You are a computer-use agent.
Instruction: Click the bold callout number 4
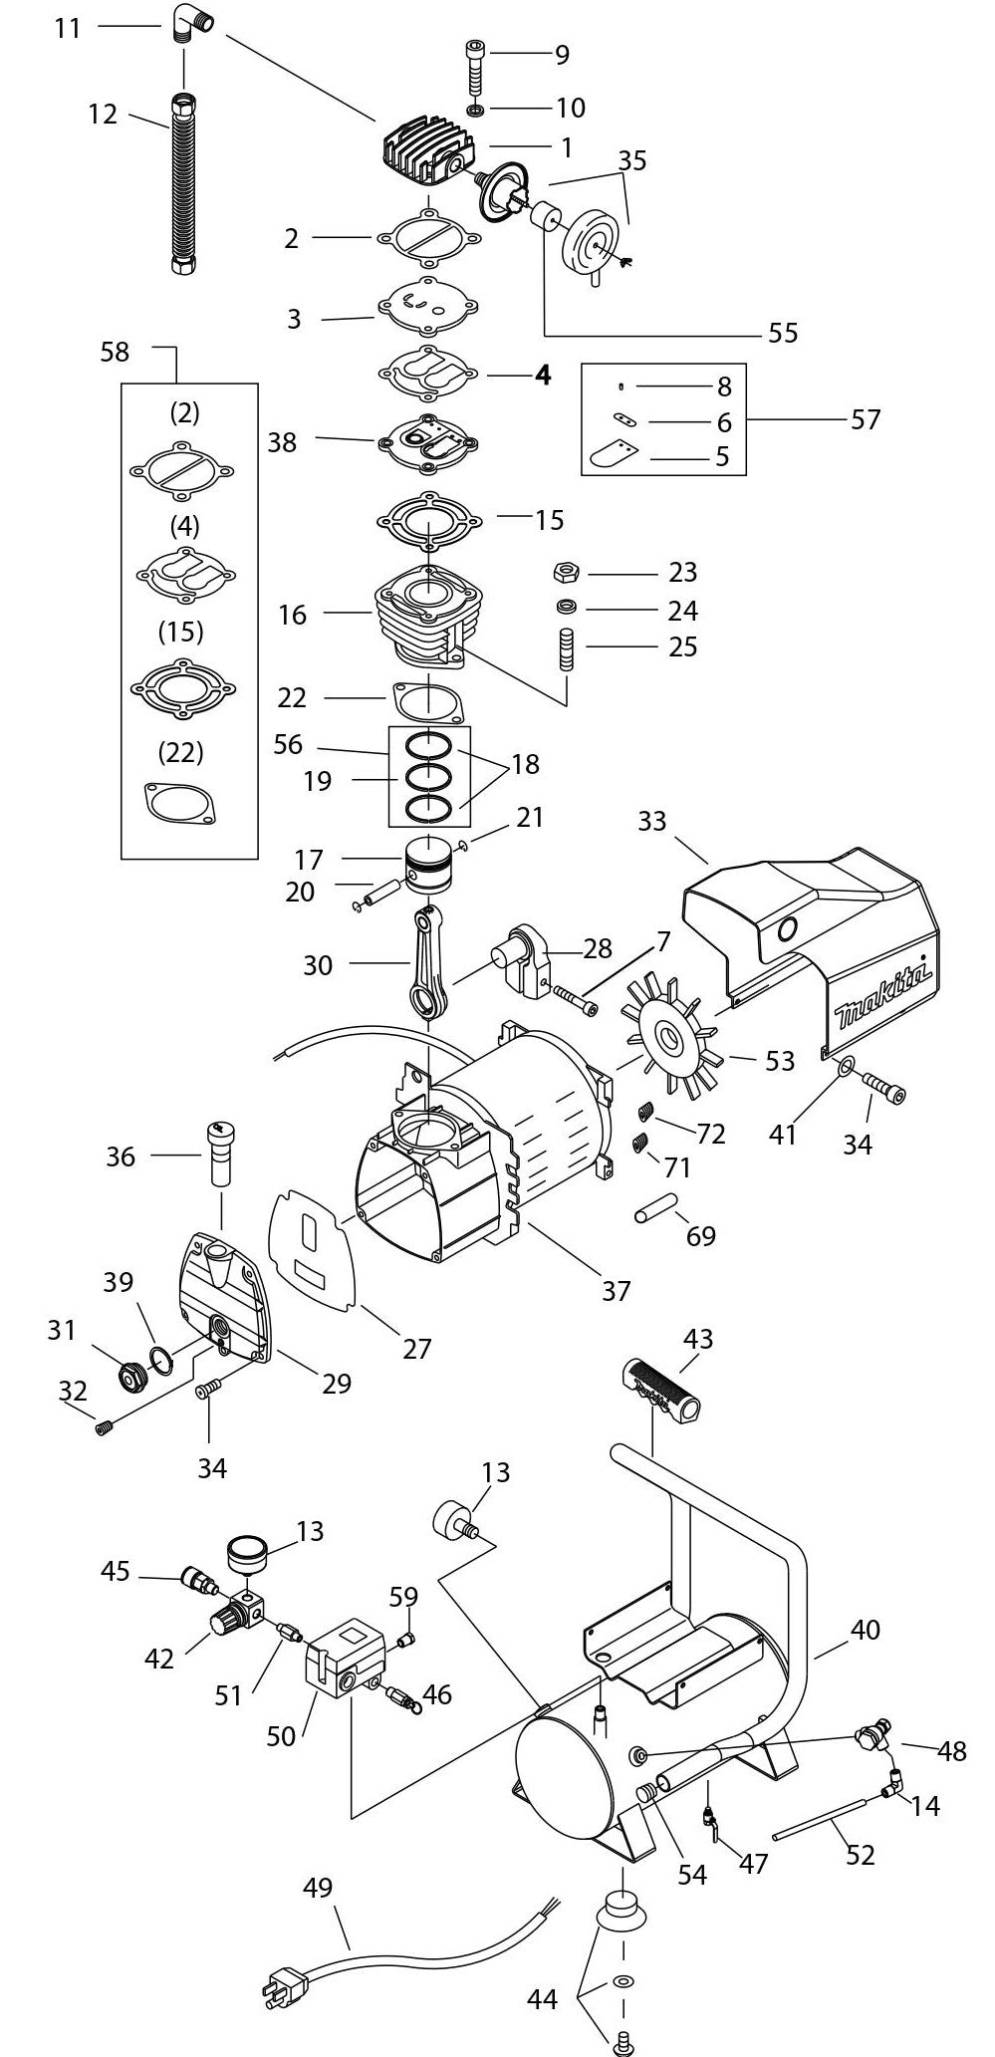(x=543, y=376)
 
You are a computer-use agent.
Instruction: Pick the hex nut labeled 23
(x=567, y=573)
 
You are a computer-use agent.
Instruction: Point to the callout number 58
(x=115, y=352)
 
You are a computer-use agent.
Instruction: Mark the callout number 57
(x=866, y=420)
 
